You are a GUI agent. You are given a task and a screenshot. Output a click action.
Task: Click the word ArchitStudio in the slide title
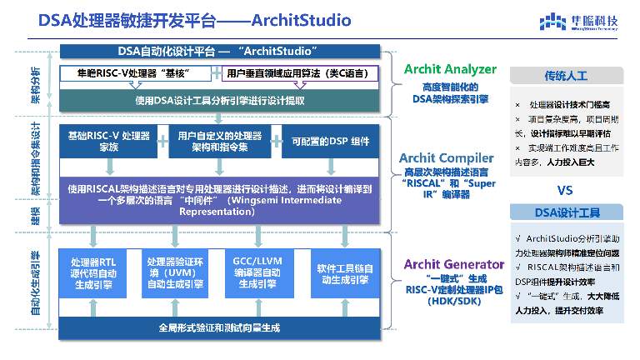[x=296, y=18]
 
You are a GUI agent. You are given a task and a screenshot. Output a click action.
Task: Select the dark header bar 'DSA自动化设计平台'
[x=220, y=52]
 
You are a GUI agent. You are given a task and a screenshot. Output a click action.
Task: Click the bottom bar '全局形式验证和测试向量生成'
[x=220, y=326]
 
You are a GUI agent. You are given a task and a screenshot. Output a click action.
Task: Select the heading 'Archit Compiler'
[x=451, y=156]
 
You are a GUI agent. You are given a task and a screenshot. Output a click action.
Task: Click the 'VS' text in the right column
[x=567, y=187]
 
